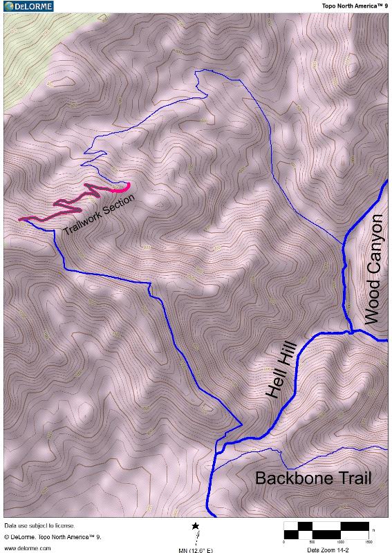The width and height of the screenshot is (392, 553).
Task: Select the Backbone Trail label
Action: tap(313, 478)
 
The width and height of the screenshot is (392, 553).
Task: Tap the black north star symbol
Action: tap(196, 527)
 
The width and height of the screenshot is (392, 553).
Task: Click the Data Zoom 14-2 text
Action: tap(328, 550)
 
